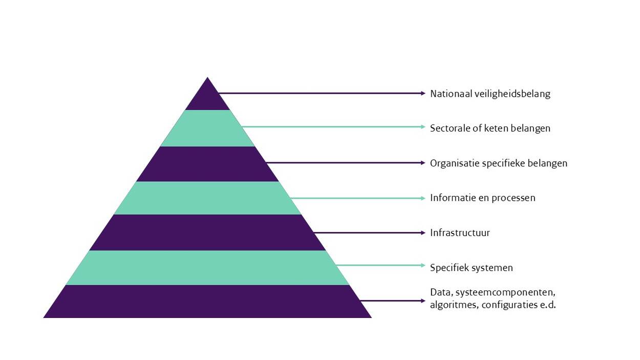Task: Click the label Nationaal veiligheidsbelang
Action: tap(490, 94)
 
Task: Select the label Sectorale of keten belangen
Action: tap(490, 128)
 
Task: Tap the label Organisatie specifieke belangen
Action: tap(498, 163)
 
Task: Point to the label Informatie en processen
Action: tap(482, 198)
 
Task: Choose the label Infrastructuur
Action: tap(460, 233)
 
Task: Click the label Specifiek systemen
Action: tap(471, 268)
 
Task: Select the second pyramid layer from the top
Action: tap(207, 129)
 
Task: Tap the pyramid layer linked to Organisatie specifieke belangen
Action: tap(207, 164)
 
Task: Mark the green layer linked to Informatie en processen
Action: tap(207, 198)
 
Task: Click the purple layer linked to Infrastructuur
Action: tap(207, 232)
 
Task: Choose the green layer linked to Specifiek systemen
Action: tap(207, 267)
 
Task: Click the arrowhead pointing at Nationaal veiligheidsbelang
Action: tap(423, 93)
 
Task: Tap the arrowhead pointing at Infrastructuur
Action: tap(423, 232)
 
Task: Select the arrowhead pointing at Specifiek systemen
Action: tap(423, 265)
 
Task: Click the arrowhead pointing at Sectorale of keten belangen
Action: tap(423, 126)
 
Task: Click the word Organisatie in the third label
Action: tap(455, 163)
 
